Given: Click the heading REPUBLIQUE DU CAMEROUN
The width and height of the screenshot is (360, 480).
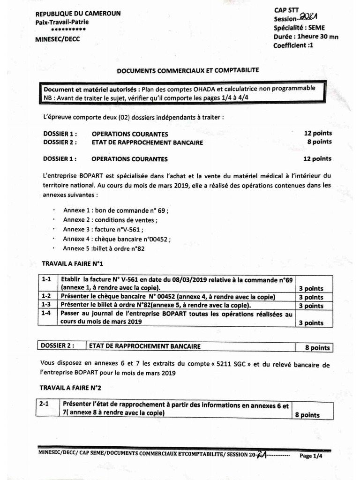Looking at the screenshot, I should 78,14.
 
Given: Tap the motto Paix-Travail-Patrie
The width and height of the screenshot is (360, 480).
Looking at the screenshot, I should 62,22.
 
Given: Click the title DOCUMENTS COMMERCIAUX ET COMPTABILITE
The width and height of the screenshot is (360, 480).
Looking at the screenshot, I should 187,70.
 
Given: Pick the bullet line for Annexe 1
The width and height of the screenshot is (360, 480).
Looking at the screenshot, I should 115,211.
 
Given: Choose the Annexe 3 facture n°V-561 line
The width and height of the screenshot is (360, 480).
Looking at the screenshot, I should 103,230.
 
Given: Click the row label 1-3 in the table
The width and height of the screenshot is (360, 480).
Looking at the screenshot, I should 47,305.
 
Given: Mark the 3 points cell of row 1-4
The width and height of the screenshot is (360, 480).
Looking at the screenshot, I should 311,323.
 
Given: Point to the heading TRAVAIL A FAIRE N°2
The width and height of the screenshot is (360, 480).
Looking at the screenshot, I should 70,388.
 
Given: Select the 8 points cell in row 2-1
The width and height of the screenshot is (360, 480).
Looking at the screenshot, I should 307,415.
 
